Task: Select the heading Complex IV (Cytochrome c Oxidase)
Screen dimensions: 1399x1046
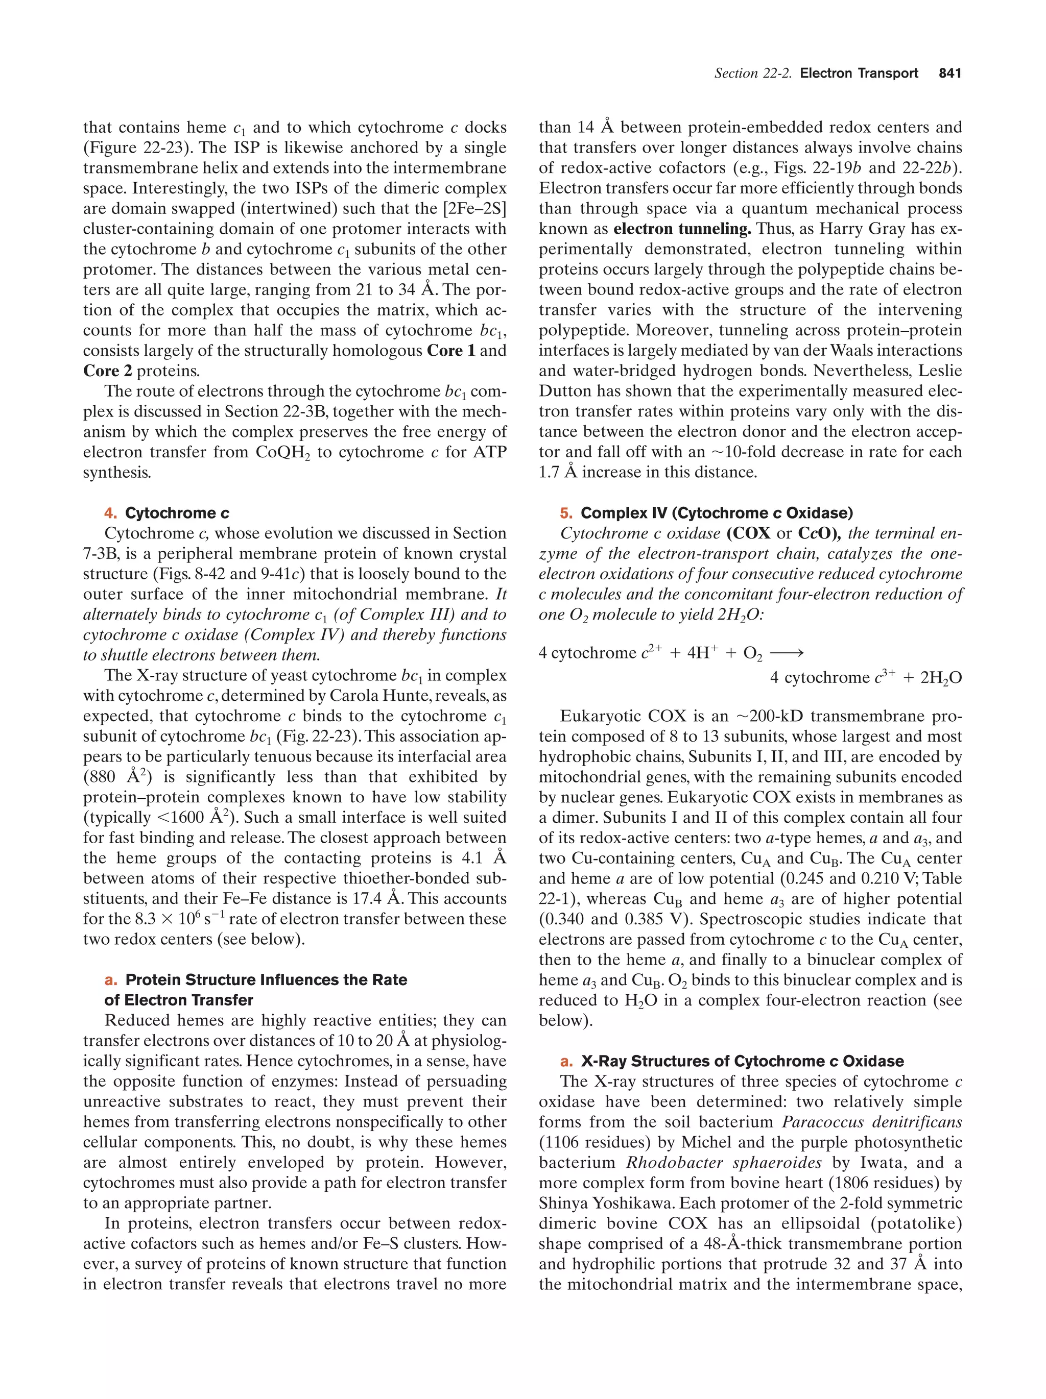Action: (x=717, y=513)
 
